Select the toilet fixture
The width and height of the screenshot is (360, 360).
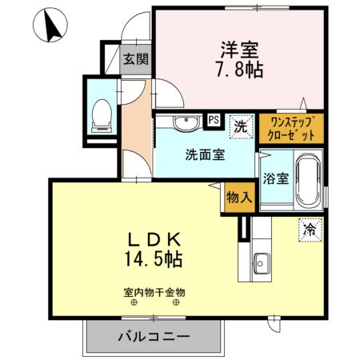[102, 114]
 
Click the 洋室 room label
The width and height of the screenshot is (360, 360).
[239, 48]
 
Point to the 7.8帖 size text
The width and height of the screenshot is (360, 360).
[239, 70]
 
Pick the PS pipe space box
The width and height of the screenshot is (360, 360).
[214, 120]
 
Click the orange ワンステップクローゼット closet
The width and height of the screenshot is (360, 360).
[290, 127]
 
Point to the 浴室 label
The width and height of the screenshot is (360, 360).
[273, 178]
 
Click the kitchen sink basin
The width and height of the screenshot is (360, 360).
[263, 262]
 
